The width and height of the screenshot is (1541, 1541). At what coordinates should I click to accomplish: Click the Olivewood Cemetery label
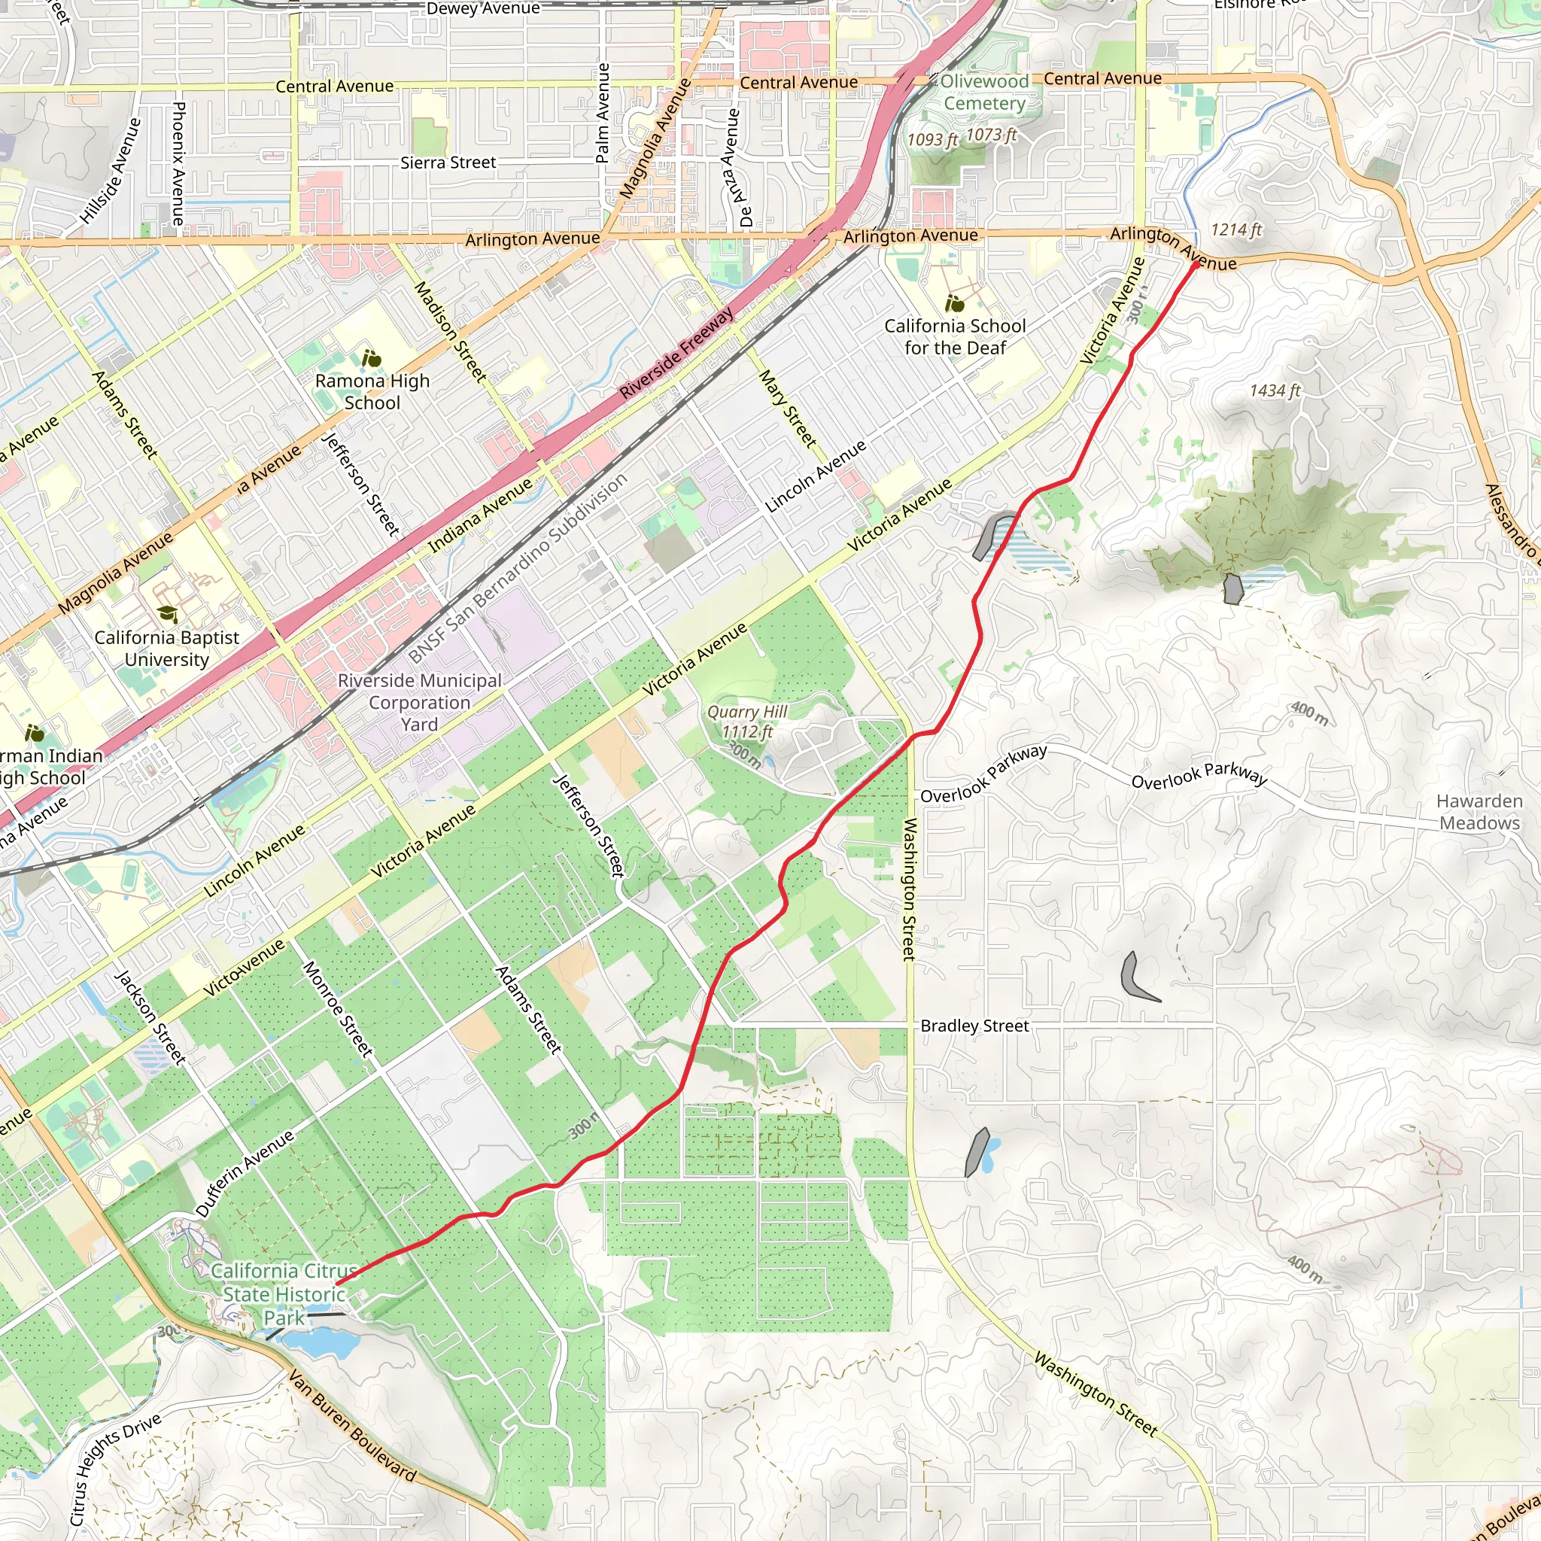[984, 93]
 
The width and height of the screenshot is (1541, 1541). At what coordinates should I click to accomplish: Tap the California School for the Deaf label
[955, 336]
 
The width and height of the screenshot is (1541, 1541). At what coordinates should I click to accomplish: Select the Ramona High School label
[372, 391]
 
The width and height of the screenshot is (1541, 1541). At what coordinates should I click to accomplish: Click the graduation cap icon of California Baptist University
[168, 613]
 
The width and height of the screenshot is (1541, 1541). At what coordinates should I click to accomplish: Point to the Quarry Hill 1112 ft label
[746, 722]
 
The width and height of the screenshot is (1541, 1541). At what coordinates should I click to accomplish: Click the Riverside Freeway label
[676, 354]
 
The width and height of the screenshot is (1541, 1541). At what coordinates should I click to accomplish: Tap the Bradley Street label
[974, 1026]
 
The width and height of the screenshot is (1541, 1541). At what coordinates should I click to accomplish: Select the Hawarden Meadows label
[1479, 812]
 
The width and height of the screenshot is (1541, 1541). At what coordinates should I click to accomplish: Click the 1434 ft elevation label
[1274, 390]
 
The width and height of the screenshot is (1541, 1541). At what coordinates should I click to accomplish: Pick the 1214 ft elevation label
[1236, 229]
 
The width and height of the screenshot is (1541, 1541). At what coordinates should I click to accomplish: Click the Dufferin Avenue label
[245, 1173]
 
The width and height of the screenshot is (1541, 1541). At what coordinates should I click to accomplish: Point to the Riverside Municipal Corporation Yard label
[420, 703]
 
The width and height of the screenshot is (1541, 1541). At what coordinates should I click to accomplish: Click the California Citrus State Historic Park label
[284, 1294]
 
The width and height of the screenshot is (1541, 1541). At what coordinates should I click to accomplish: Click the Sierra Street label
[448, 163]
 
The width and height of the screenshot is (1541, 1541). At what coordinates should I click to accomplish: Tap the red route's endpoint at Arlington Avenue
[1196, 264]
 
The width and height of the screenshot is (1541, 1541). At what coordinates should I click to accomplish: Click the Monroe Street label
[337, 1009]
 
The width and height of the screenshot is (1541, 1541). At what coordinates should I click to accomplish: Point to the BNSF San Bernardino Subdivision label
[518, 568]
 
